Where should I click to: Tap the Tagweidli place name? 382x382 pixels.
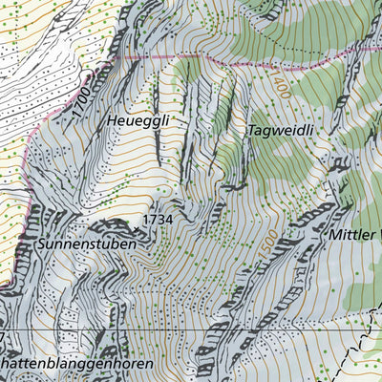tap(281, 129)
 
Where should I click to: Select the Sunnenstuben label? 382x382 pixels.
tap(86, 244)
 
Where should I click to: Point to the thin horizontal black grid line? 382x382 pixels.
tap(191, 329)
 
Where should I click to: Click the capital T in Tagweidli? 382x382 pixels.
tap(252, 128)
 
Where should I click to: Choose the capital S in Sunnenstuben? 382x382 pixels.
tap(44, 244)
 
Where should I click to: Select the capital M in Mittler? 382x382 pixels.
tap(334, 234)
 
